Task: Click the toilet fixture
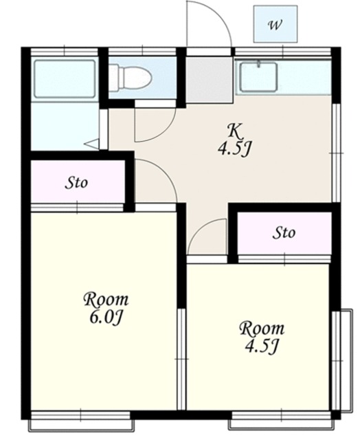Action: [131, 78]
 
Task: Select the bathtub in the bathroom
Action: [65, 78]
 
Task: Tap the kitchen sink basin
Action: [258, 77]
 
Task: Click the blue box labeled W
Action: [275, 24]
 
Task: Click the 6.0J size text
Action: [106, 317]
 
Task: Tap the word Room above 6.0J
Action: [106, 299]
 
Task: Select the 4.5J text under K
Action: [234, 148]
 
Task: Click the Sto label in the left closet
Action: [76, 183]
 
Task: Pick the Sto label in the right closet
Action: [284, 232]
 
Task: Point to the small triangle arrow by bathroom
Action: [92, 144]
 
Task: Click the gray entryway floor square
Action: [210, 80]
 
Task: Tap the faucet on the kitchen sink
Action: [258, 64]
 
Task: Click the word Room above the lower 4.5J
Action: [262, 329]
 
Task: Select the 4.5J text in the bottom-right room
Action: [262, 346]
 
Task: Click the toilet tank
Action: [114, 78]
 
